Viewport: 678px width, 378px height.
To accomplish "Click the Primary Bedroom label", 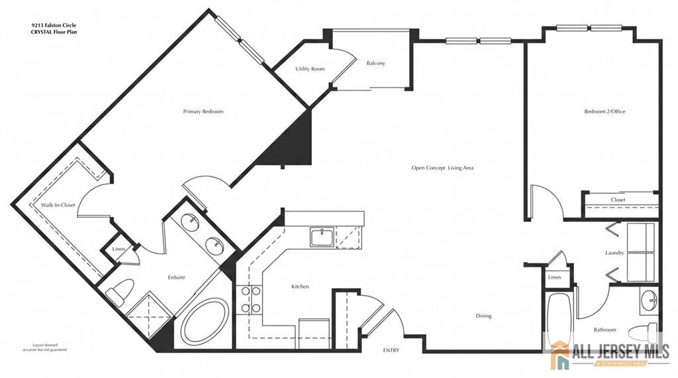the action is [203, 112].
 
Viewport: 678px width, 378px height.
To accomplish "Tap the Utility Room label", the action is [310, 69].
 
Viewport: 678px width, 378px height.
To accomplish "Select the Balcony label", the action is [375, 63].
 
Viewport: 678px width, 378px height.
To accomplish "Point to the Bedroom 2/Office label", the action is [605, 112].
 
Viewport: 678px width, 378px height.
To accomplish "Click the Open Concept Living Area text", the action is [442, 167].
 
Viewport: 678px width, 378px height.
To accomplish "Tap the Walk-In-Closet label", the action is [58, 205].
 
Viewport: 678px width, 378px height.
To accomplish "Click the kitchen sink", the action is [322, 238].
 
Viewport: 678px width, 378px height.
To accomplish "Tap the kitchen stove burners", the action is [250, 299].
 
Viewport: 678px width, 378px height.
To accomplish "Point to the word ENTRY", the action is [391, 350].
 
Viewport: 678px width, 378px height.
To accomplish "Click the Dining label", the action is [483, 316].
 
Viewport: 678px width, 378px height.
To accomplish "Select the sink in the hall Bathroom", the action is [649, 300].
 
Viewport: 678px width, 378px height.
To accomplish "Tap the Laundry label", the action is [614, 253].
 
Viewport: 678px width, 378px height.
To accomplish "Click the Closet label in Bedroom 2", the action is [618, 200].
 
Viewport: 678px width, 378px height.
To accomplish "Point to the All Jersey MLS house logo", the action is [561, 355].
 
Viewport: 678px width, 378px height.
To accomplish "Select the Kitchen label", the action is [300, 286].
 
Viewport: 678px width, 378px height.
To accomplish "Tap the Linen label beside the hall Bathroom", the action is [554, 277].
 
